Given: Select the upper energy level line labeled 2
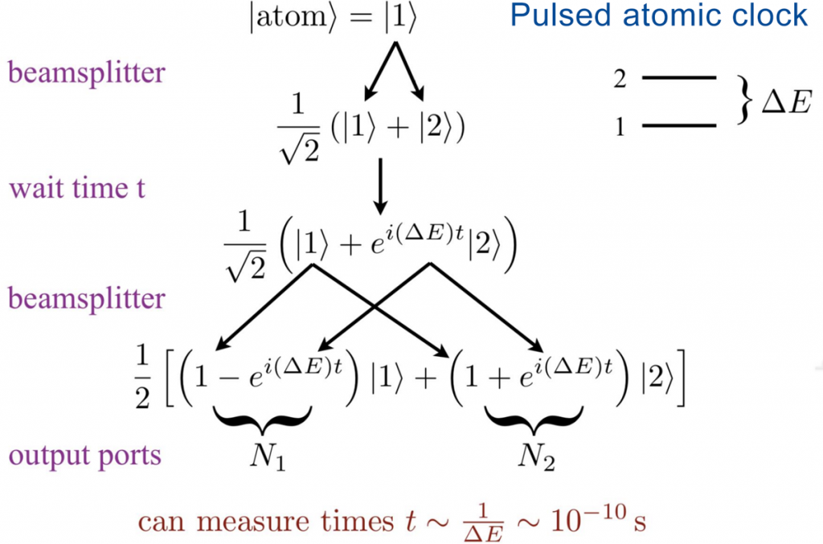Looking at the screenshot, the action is coord(679,78).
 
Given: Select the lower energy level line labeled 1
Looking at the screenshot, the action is coord(679,125).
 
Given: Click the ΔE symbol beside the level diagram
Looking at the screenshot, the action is coord(786,101).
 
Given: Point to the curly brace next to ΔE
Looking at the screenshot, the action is coord(744,100).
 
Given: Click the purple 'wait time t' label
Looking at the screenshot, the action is coord(77,188).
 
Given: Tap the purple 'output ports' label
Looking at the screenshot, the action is coord(84,456).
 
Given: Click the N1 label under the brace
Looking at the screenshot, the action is coord(268,456).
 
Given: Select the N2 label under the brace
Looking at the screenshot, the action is coord(536,456).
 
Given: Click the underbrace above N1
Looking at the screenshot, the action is coord(263,419).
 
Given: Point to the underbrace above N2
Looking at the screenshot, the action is coord(534,419).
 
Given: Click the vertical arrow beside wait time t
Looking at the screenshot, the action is coord(380,186).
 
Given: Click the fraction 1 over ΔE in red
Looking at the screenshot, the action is coord(483,523).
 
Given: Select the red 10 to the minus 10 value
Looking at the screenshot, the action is coord(588,519).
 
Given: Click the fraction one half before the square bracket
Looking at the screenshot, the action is coord(143,377).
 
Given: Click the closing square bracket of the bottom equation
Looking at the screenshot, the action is coord(680,378).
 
